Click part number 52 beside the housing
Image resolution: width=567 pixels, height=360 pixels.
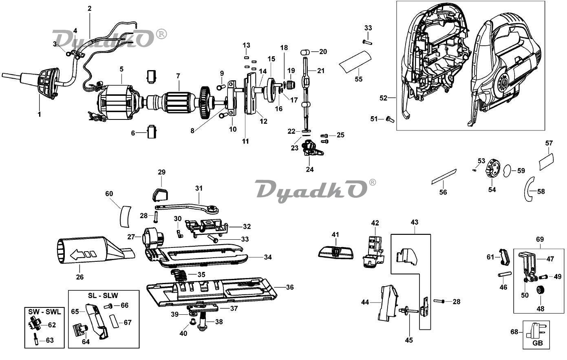383,98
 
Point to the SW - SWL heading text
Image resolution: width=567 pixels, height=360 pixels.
44,312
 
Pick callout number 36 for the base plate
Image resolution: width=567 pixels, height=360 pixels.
289,287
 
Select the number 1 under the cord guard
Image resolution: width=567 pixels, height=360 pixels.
40,115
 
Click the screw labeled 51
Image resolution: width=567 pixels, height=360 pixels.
389,119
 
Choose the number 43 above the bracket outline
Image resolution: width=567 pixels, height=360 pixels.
414,223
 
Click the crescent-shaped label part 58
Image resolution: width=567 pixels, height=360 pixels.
529,190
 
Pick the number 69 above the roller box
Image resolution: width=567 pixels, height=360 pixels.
540,239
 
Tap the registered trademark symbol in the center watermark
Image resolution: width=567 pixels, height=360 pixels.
372,182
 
